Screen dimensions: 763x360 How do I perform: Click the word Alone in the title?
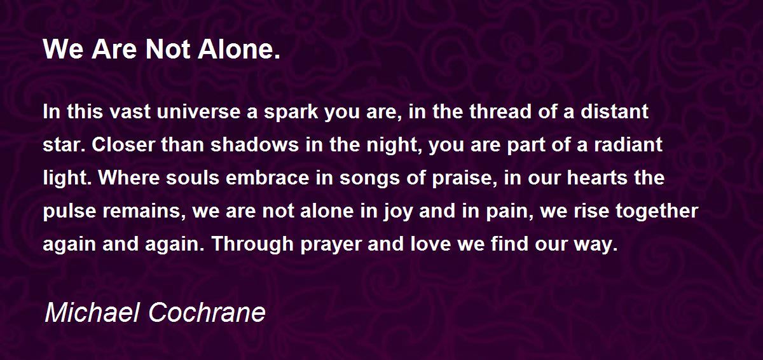point(238,50)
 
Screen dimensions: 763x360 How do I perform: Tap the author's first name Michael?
point(92,312)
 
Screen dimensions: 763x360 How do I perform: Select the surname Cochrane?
point(207,312)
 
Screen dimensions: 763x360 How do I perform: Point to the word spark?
point(291,113)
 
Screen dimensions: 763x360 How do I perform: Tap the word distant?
point(614,112)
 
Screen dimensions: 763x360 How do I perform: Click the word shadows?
point(254,144)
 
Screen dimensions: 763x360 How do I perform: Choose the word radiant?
point(628,144)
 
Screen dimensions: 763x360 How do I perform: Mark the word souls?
point(193,177)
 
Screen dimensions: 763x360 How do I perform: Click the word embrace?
point(268,177)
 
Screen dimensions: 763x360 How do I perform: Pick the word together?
point(657,212)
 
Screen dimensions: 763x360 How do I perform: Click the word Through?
point(252,245)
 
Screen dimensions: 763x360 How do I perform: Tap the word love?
point(430,244)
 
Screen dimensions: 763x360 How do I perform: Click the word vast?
point(130,112)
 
